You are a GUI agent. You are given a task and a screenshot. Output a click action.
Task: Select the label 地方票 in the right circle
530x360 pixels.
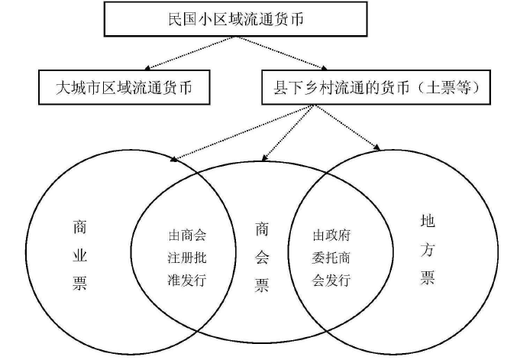coord(428,248)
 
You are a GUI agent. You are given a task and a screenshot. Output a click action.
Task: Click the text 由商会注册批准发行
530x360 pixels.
coord(187,257)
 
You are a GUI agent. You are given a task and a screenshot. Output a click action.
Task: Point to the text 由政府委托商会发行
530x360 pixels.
coord(331,257)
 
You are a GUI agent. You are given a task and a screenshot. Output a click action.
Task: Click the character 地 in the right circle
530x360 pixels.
coord(428,222)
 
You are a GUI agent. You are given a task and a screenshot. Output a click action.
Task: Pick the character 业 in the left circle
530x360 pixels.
coord(79,255)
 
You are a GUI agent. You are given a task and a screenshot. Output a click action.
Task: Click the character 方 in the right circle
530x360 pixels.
coord(428,248)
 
